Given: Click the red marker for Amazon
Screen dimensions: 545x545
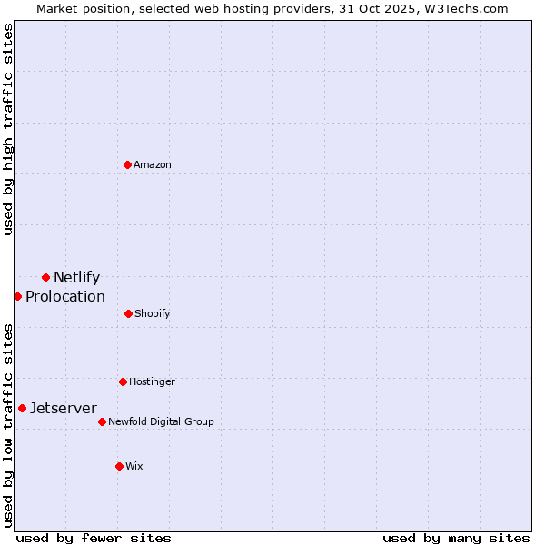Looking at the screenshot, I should pyautogui.click(x=127, y=164).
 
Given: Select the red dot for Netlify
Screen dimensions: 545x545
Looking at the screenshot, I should pyautogui.click(x=45, y=277).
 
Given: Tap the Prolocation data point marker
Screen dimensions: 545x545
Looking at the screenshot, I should pyautogui.click(x=17, y=296).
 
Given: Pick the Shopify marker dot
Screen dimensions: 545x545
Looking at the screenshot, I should pyautogui.click(x=128, y=313).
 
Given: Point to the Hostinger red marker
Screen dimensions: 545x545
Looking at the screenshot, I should pyautogui.click(x=123, y=381).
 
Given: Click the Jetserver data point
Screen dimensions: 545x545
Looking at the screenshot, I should pyautogui.click(x=22, y=408).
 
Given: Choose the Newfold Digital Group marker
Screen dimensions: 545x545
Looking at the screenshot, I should pyautogui.click(x=102, y=421).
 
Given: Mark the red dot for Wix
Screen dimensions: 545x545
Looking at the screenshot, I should pyautogui.click(x=119, y=466).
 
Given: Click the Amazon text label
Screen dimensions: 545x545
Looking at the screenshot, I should pyautogui.click(x=153, y=165).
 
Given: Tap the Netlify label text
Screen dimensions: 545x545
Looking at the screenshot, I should pyautogui.click(x=76, y=278).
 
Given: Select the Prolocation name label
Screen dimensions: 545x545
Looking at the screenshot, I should pyautogui.click(x=65, y=297).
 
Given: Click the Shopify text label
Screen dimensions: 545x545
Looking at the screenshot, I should pyautogui.click(x=153, y=314).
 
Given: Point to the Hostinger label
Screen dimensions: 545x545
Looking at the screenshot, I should pyautogui.click(x=152, y=382).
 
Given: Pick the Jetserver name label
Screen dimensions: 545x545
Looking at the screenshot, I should pyautogui.click(x=64, y=409).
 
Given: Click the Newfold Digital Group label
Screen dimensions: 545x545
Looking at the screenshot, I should pyautogui.click(x=162, y=422).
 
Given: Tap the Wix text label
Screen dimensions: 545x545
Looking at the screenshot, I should pyautogui.click(x=134, y=467).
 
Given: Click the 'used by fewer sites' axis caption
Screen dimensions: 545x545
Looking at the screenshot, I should pyautogui.click(x=94, y=538).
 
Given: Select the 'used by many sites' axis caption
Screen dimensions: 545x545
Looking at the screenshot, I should pyautogui.click(x=456, y=538).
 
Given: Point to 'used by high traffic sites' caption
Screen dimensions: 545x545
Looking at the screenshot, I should pyautogui.click(x=8, y=130).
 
